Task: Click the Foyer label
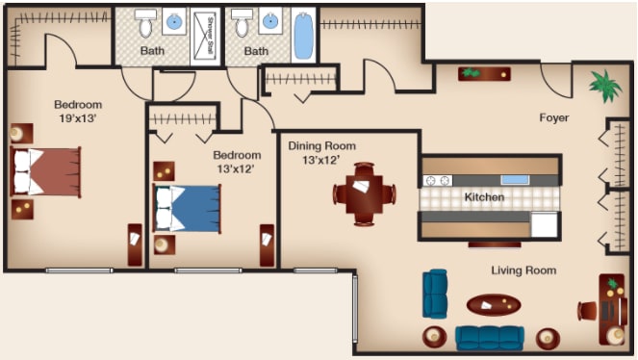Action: click(553, 117)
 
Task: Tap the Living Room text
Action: click(523, 270)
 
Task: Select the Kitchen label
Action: click(484, 197)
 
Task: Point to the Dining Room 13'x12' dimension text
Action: click(321, 160)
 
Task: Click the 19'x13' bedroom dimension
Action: click(78, 118)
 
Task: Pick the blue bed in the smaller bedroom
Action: click(188, 209)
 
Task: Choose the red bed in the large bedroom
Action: click(45, 172)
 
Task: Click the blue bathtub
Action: click(303, 36)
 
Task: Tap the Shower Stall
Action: click(205, 36)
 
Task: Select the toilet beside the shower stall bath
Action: click(145, 24)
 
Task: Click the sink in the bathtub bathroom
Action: click(269, 21)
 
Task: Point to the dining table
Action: click(364, 194)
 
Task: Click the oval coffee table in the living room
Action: click(493, 305)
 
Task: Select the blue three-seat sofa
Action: click(490, 338)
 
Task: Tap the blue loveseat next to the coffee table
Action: click(435, 294)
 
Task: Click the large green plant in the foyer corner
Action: click(605, 86)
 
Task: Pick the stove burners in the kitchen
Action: click(438, 180)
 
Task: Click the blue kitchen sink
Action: click(515, 179)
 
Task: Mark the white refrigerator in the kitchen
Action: click(544, 224)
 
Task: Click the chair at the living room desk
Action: click(587, 311)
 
